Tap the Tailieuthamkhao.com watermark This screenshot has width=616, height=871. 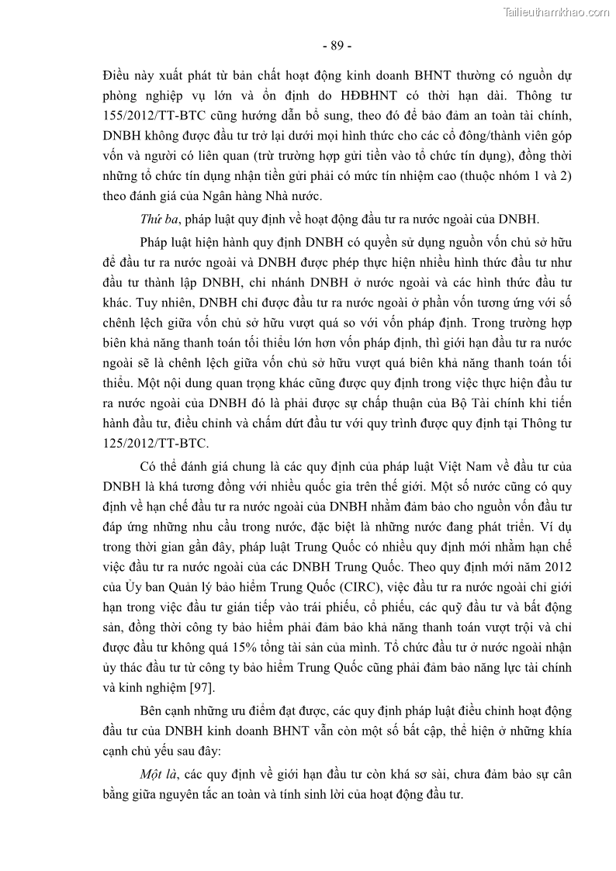[x=557, y=12]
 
